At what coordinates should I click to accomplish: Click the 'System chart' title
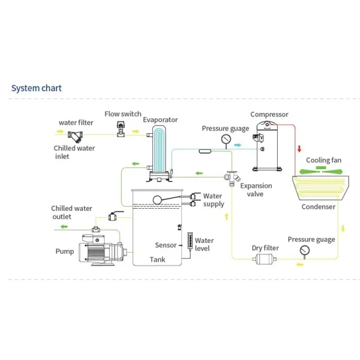pyautogui.click(x=37, y=89)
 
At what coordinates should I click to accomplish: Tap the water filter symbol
pyautogui.click(x=76, y=136)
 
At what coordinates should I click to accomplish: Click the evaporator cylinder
pyautogui.click(x=160, y=150)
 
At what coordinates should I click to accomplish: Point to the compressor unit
pyautogui.click(x=268, y=146)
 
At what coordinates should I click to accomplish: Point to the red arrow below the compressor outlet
pyautogui.click(x=298, y=148)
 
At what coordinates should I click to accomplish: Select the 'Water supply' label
pyautogui.click(x=213, y=200)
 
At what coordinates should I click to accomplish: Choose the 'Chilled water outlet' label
pyautogui.click(x=71, y=212)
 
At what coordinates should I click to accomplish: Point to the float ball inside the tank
pyautogui.click(x=158, y=200)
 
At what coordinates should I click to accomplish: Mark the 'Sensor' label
pyautogui.click(x=166, y=245)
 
